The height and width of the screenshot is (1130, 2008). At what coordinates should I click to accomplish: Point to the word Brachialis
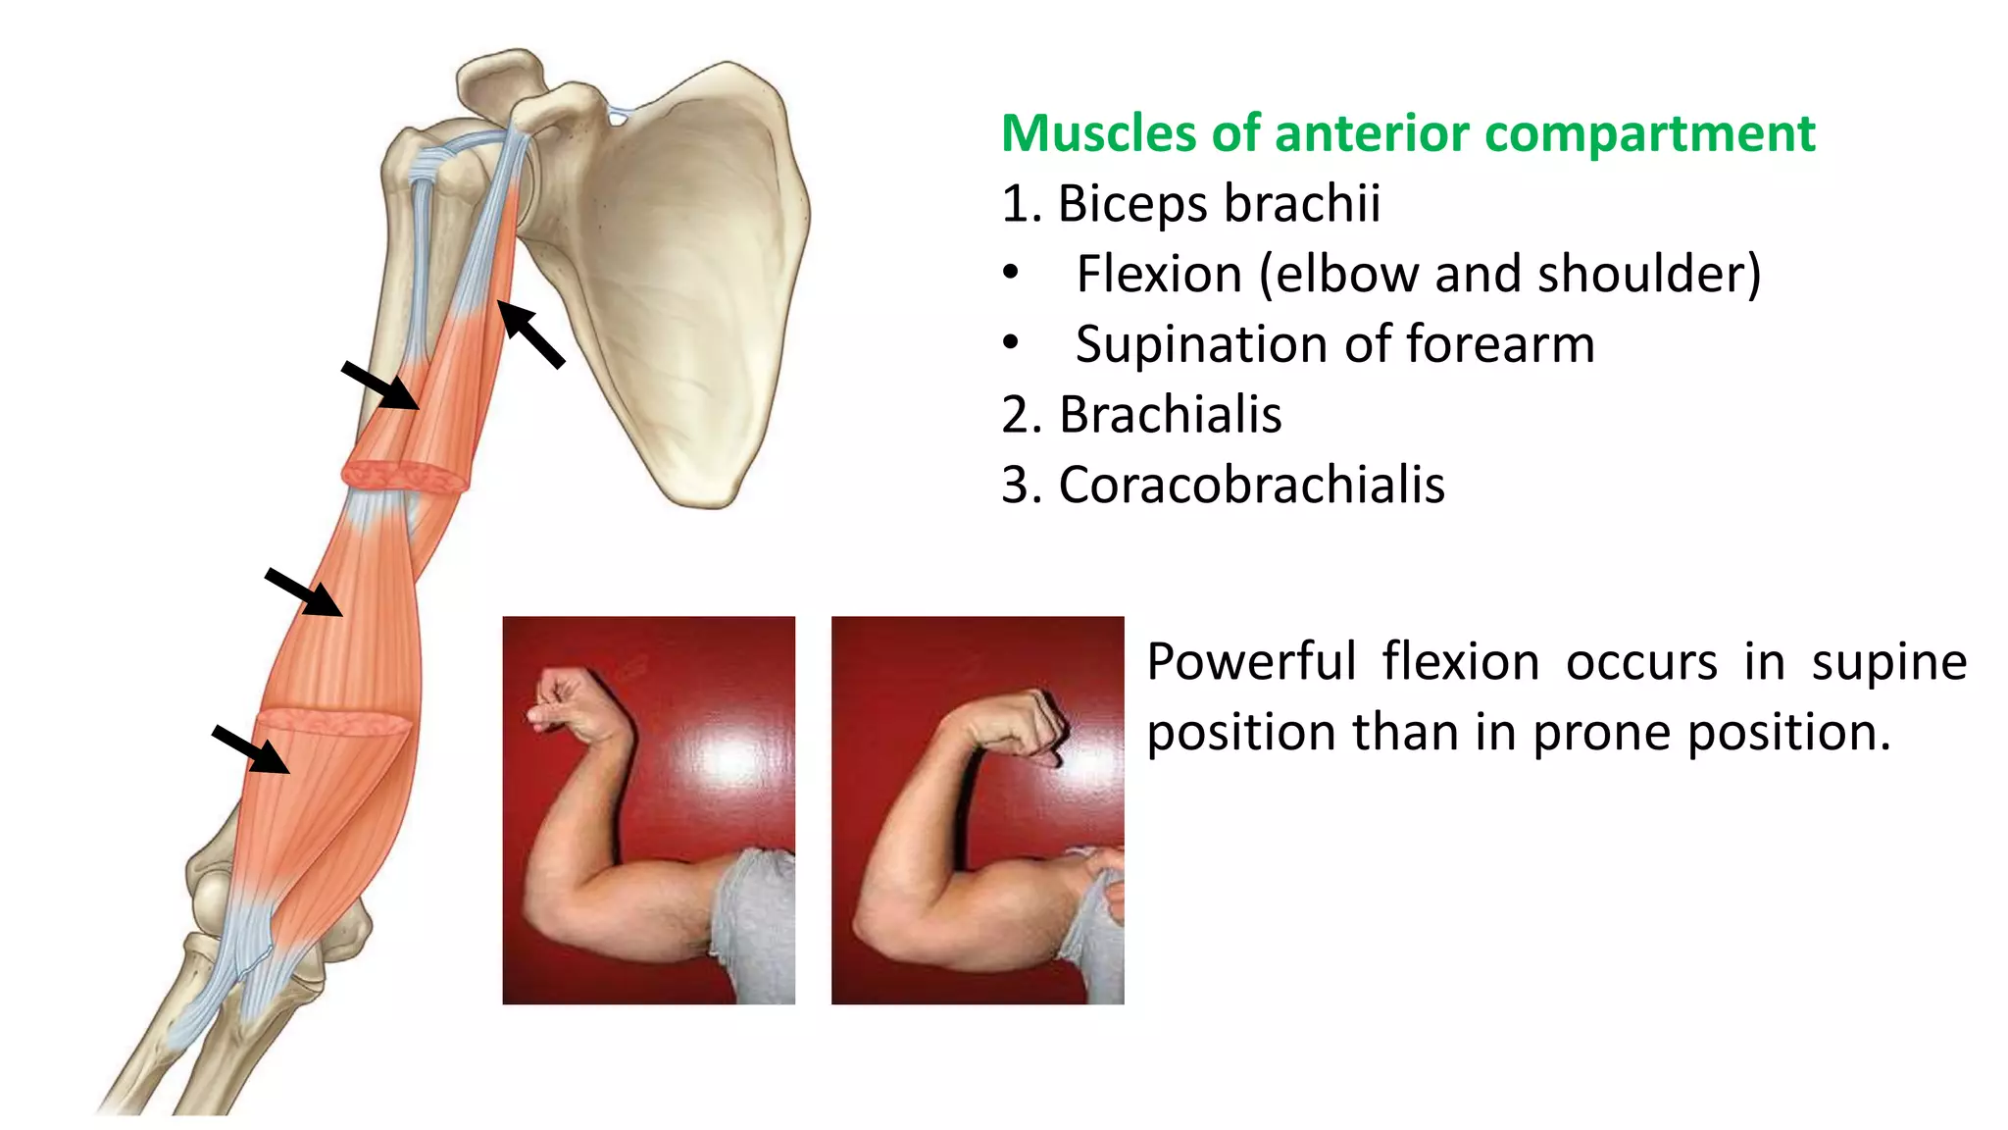click(1170, 415)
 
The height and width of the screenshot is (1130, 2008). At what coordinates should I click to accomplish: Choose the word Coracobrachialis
click(1251, 486)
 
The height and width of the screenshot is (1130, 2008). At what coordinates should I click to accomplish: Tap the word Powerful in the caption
click(1251, 662)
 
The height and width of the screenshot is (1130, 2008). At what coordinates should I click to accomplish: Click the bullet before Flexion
click(1011, 275)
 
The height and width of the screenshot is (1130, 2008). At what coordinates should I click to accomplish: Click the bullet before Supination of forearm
click(1011, 344)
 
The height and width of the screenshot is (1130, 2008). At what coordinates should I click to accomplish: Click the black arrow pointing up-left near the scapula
click(531, 335)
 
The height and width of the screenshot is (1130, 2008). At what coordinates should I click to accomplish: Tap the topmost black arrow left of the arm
click(380, 385)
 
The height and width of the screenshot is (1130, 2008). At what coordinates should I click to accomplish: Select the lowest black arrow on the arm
click(251, 749)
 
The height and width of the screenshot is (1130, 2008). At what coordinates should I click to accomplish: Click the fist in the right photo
click(1026, 726)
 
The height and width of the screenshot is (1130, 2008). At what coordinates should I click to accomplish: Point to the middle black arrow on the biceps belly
click(304, 592)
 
